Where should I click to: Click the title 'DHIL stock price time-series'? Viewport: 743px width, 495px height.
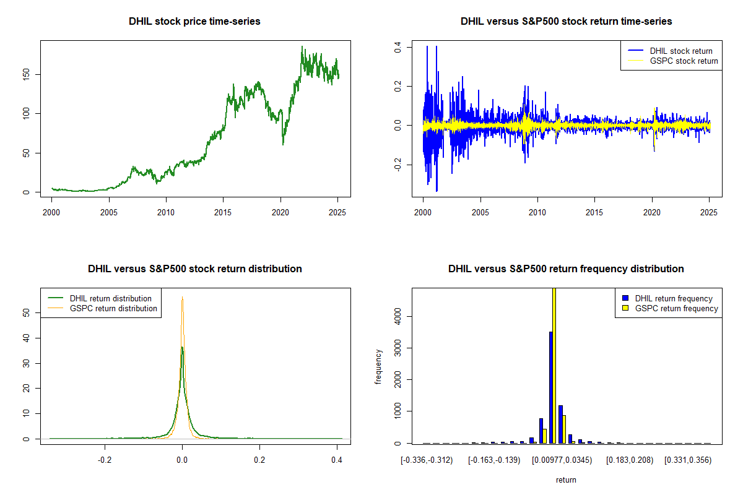click(194, 22)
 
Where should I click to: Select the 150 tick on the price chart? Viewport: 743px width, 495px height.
click(27, 75)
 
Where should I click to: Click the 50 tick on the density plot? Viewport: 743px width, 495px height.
click(27, 313)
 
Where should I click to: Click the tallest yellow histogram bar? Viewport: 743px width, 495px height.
click(554, 365)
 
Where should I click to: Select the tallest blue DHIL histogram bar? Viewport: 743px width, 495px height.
click(550, 387)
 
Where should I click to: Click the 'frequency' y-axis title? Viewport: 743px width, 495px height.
click(378, 366)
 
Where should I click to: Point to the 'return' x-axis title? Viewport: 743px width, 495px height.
click(566, 480)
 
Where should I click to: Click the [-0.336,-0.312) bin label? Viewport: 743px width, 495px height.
click(427, 460)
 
